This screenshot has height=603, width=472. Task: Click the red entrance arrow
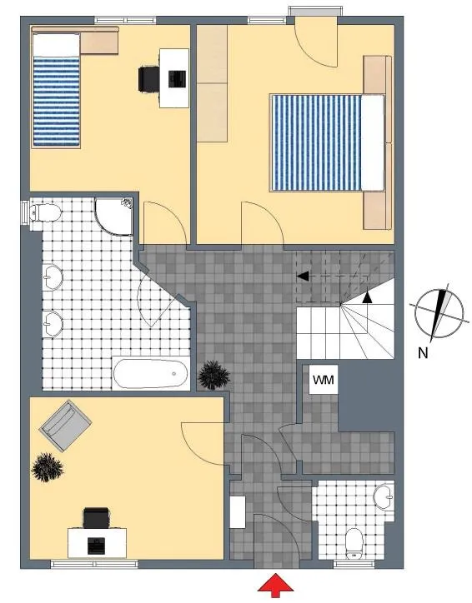275,586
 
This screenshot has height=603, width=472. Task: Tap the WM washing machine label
324,380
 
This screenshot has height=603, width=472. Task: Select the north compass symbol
439,313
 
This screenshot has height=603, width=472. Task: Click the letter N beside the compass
423,352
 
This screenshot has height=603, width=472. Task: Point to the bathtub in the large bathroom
151,373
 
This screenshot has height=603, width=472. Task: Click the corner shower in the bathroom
114,217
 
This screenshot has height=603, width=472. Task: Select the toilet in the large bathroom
45,212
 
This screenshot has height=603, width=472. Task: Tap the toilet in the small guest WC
354,543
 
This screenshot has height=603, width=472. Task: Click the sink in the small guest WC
384,497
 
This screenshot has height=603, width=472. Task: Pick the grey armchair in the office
65,426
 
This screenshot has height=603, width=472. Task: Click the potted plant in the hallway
213,375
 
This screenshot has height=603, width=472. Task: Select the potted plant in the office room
47,467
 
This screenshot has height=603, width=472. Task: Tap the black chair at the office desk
96,517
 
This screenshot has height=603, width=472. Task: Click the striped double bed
328,142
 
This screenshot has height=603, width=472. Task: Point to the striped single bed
56,90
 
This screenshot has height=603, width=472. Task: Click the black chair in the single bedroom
149,79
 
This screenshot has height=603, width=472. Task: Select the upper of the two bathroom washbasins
53,277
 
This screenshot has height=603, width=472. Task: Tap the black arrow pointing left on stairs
303,276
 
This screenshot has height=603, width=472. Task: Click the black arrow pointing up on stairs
368,297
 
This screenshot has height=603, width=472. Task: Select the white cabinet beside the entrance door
238,512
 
